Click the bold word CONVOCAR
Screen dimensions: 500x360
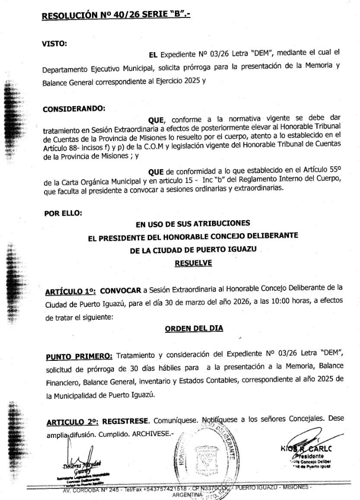(x=121, y=290)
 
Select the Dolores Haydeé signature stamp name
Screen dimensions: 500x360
(x=80, y=459)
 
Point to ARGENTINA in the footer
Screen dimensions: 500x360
(x=187, y=494)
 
